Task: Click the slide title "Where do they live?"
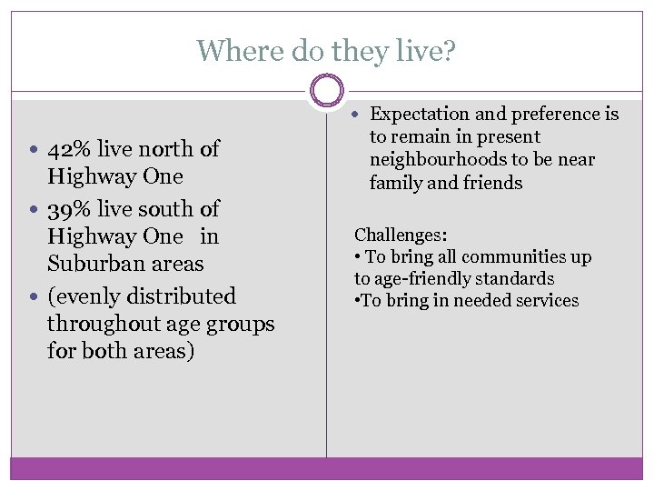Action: click(327, 50)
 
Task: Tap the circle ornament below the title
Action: click(327, 91)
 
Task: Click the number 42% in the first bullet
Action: click(67, 148)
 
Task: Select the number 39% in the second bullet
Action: click(67, 208)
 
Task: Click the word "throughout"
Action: click(102, 324)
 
